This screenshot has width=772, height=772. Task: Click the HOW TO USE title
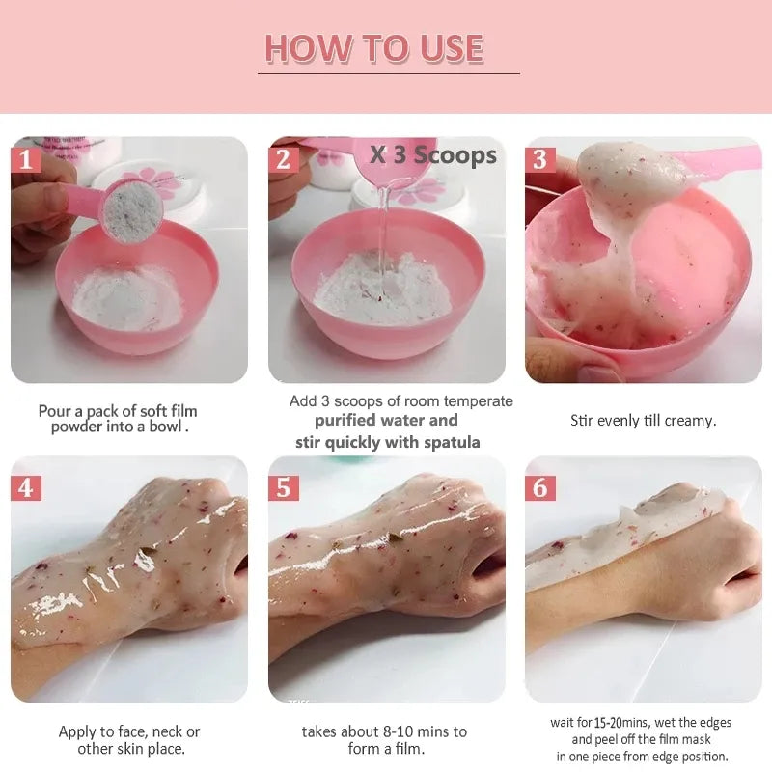coord(373,48)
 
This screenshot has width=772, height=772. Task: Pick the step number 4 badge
coord(25,487)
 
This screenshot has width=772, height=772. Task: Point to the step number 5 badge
coord(282,487)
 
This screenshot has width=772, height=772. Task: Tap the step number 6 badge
coord(539,487)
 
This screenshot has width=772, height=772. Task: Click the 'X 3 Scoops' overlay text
coord(433,155)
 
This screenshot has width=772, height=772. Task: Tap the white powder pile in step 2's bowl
coord(381,289)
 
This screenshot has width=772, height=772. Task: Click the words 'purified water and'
coord(386,421)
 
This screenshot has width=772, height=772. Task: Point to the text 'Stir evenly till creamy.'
coord(643,421)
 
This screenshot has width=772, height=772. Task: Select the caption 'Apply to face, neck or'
coord(129,731)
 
